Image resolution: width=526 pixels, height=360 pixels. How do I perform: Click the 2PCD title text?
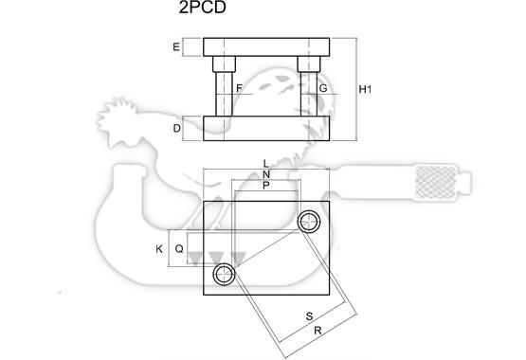202,8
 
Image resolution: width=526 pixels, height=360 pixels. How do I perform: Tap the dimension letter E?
176,47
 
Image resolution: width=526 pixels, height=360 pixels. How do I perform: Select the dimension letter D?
177,129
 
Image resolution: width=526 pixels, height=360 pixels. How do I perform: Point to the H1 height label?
365,89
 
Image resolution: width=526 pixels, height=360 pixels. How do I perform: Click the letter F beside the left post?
239,88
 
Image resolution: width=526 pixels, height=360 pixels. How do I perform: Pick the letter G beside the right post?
323,88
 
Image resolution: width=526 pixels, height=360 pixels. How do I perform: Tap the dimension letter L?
266,164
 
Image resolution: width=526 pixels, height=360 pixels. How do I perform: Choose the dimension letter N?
266,174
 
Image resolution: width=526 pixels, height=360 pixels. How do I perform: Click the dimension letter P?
266,185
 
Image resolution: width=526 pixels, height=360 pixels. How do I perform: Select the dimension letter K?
159,249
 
